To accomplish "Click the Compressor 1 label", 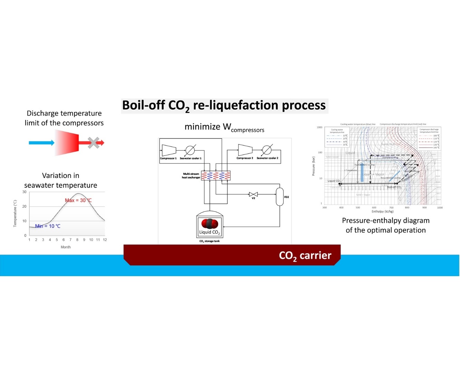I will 168,158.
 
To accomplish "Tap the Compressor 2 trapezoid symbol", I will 245,150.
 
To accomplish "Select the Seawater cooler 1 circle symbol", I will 190,150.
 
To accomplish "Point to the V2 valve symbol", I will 253,194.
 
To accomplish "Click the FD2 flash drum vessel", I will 280,197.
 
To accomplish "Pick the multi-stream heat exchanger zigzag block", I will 216,176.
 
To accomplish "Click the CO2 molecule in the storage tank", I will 209,224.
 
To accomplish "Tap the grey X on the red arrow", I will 94,142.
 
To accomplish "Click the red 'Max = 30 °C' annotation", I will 78,200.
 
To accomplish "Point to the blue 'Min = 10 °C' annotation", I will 48,226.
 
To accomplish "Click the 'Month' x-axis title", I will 66,247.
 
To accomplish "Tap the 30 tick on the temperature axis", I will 25,192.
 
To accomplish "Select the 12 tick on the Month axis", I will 105,240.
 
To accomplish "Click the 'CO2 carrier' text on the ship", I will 305,256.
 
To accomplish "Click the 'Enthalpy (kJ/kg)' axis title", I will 382,212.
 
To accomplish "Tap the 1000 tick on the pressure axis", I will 320,128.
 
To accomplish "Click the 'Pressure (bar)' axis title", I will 313,166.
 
